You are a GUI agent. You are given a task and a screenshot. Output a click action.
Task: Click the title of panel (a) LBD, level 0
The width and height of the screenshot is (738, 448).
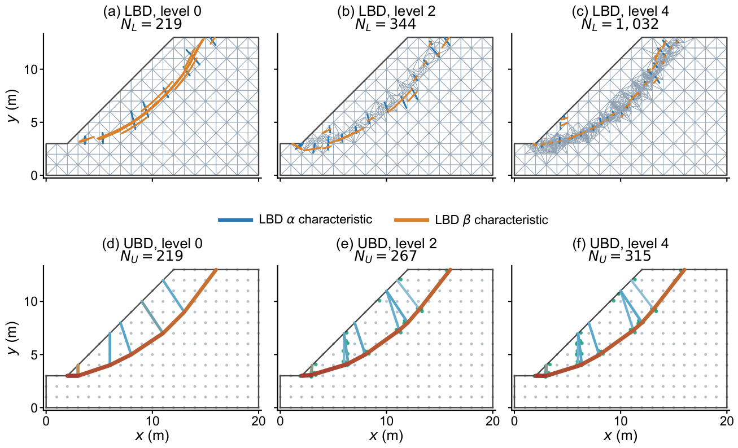tap(152, 11)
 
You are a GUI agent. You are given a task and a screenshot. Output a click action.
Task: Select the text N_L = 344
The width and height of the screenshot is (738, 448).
tap(386, 24)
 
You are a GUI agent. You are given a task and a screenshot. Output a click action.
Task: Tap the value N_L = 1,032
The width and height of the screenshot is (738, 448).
tap(620, 24)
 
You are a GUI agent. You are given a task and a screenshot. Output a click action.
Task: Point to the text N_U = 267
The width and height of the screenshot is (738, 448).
tap(386, 256)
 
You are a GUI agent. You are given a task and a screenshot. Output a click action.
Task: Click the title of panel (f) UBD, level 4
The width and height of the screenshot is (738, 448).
tap(621, 244)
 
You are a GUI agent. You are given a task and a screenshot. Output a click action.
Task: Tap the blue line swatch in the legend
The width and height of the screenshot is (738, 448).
tap(235, 219)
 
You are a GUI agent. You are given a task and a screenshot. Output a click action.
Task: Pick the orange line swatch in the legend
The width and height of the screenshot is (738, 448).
tap(412, 219)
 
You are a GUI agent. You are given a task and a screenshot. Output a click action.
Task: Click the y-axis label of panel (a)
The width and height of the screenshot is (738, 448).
tap(13, 106)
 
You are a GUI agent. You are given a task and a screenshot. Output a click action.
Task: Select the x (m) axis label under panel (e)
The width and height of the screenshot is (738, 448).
tap(386, 436)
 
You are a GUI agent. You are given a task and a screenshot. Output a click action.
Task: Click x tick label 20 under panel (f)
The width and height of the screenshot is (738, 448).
tap(727, 421)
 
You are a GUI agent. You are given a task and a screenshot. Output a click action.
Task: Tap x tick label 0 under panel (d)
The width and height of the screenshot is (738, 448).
tap(46, 421)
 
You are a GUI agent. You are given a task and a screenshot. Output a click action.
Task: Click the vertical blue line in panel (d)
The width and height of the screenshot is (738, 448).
tap(110, 349)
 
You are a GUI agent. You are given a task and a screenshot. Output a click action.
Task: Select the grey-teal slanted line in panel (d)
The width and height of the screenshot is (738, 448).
tap(152, 317)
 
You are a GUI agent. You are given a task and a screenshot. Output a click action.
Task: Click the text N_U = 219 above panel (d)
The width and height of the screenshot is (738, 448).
tap(151, 256)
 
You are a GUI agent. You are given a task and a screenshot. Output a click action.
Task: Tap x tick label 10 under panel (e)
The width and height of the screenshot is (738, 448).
tap(386, 421)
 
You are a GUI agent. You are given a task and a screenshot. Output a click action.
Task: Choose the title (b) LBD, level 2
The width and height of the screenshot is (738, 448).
tap(386, 11)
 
